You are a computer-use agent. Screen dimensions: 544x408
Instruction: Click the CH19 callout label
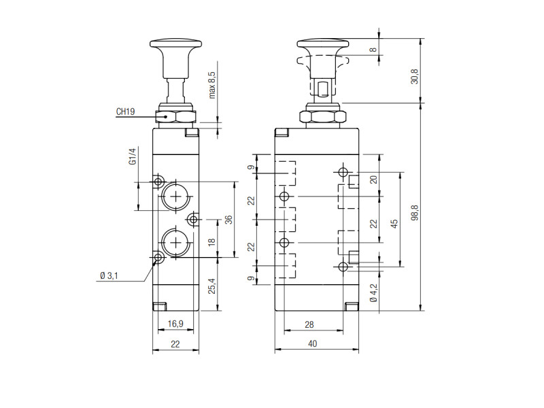pyautogui.click(x=125, y=112)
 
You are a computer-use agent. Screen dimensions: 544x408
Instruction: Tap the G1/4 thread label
pyautogui.click(x=133, y=156)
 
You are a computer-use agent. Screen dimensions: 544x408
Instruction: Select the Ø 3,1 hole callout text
pyautogui.click(x=109, y=276)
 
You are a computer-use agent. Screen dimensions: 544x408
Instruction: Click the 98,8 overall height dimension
pyautogui.click(x=415, y=213)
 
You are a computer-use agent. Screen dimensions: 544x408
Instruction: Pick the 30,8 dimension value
pyautogui.click(x=415, y=77)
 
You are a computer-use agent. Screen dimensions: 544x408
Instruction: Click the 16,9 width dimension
pyautogui.click(x=175, y=324)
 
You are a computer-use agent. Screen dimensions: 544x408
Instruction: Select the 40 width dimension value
pyautogui.click(x=313, y=343)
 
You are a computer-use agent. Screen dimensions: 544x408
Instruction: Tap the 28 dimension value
pyautogui.click(x=309, y=324)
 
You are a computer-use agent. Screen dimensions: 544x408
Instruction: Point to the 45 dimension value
pyautogui.click(x=394, y=224)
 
